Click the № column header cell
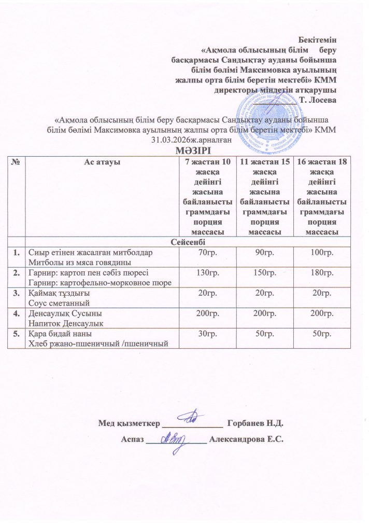(x=18, y=162)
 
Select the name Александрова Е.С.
(x=247, y=439)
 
